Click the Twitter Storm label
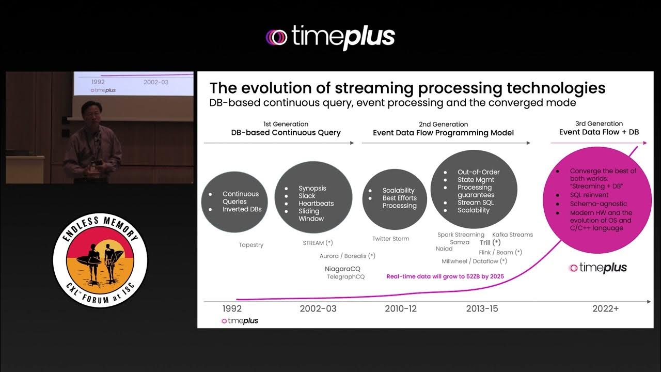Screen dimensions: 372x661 (390, 239)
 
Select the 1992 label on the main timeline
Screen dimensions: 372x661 (232, 308)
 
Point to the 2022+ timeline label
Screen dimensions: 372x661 (605, 308)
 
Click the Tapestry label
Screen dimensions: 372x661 (251, 245)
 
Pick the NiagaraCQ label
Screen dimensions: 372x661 (342, 269)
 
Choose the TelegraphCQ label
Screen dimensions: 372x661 (345, 277)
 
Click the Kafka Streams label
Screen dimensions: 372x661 (512, 235)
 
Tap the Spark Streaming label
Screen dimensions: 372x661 (461, 235)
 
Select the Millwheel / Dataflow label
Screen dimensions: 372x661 (474, 261)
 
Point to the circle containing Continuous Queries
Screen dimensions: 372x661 (234, 202)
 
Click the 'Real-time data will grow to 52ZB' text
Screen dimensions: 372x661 (445, 276)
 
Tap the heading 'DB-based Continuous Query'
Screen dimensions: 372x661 (286, 133)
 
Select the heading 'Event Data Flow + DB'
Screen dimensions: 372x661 (599, 132)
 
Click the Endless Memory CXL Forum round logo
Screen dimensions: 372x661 (100, 259)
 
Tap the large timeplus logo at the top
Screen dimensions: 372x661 (330, 37)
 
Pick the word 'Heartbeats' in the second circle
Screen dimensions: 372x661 (316, 204)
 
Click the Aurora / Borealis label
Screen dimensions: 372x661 (347, 256)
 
